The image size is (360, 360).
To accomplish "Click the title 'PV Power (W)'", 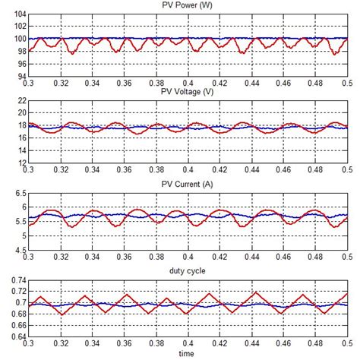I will [187, 6].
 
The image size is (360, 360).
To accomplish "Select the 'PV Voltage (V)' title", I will [187, 94].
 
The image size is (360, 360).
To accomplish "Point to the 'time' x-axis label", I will [187, 354].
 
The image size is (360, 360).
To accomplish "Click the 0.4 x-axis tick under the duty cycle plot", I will [187, 345].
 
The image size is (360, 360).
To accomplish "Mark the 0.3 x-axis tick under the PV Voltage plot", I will [29, 171].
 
